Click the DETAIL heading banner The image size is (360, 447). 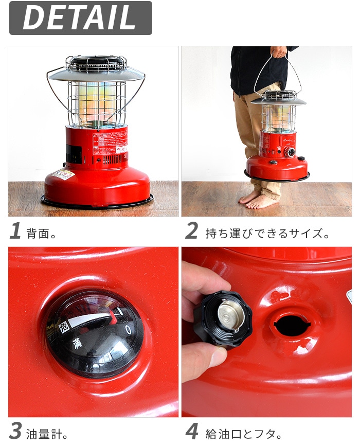coord(80,18)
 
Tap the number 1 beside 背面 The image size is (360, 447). coord(15,231)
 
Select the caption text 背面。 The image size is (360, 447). coord(42,233)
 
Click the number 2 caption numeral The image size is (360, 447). coord(191,231)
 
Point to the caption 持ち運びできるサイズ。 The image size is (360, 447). coord(267,233)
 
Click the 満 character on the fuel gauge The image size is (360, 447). coord(77,342)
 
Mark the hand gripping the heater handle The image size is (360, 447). coord(279,52)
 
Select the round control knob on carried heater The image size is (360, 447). coord(291,152)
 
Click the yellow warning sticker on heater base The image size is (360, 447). coord(62,174)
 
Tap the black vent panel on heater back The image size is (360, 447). coord(73,153)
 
